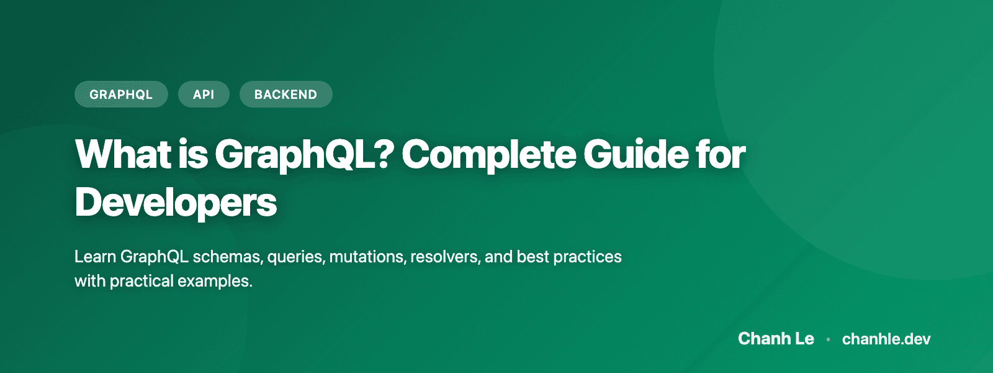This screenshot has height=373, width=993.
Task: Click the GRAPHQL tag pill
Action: [x=121, y=94]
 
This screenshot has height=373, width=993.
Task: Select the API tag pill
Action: [x=204, y=94]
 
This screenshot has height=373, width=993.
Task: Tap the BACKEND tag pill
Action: [x=285, y=94]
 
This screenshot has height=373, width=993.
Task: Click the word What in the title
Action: [x=123, y=154]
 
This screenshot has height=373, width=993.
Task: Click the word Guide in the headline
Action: [x=634, y=154]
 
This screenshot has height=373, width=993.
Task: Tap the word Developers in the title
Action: [x=176, y=203]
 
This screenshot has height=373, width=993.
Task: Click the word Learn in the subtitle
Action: [x=95, y=257]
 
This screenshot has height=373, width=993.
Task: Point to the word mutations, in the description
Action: [x=367, y=257]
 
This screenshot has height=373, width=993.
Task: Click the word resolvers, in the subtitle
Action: [x=445, y=257]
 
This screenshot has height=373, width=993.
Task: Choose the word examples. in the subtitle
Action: [x=215, y=282]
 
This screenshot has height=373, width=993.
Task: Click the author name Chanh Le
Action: [x=776, y=339]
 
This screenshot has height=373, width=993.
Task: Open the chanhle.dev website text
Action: [x=886, y=339]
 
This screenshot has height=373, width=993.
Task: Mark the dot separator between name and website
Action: [x=828, y=339]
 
